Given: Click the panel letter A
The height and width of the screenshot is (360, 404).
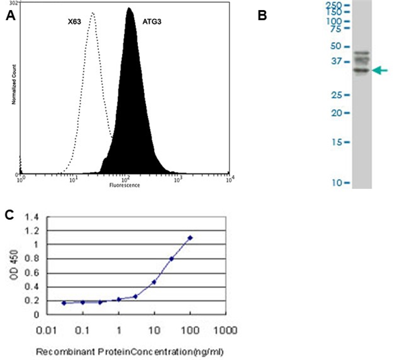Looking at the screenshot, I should coord(10,18).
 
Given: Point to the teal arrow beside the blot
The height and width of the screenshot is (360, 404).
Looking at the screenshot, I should coord(380,70).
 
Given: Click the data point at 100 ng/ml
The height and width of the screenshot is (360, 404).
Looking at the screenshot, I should coord(191,237).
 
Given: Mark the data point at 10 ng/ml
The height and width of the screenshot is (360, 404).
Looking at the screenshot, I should coord(154,282).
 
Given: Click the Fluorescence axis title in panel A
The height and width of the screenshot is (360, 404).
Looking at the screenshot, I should coord(125,185).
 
